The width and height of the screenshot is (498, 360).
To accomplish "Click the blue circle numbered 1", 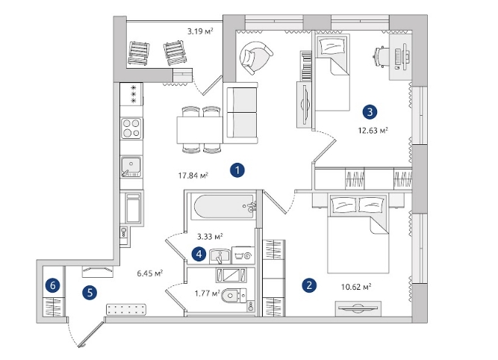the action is click(237, 170).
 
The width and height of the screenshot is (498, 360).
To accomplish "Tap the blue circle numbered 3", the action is click(370, 112).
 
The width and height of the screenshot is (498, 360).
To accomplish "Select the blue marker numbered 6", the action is click(53, 285).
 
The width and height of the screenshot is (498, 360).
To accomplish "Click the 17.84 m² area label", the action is click(193, 176).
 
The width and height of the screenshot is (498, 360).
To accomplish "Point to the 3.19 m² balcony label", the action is click(200, 31).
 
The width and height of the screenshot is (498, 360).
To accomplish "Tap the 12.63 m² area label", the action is click(373, 130).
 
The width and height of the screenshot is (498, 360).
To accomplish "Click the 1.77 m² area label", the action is click(208, 293).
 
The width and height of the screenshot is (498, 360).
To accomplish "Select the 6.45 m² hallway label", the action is click(150, 273).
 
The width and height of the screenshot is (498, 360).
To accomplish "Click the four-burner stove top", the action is click(131, 128).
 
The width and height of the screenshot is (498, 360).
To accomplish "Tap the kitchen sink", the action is click(131, 167).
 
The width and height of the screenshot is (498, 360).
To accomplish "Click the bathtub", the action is click(225, 207).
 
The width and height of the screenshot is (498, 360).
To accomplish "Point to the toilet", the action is click(234, 296).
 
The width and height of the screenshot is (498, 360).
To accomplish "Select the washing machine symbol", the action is click(243, 255).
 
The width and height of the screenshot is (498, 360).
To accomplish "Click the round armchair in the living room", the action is click(255, 58).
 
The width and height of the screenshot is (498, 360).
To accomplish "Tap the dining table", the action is click(200, 130).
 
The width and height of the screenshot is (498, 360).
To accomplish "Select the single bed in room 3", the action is click(332, 72).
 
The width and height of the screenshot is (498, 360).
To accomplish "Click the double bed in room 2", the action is click(358, 234).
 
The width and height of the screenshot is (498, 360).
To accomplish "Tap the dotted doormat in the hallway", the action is click(126, 309).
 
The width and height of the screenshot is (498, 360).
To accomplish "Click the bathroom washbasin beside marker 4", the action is click(220, 256).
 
